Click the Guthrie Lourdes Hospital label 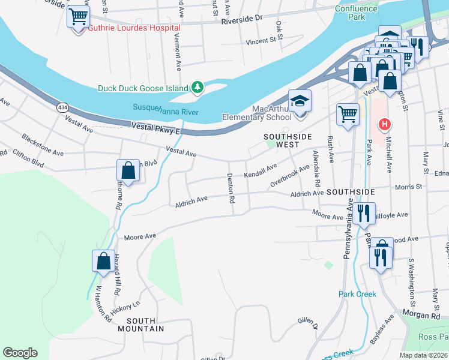[134, 28]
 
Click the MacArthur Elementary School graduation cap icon [300, 101]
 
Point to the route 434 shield [62, 107]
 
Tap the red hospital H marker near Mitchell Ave [384, 124]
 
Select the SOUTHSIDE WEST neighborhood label [289, 141]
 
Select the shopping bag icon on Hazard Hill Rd [103, 262]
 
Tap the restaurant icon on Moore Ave [363, 213]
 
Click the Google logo [20, 353]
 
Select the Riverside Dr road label [242, 19]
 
